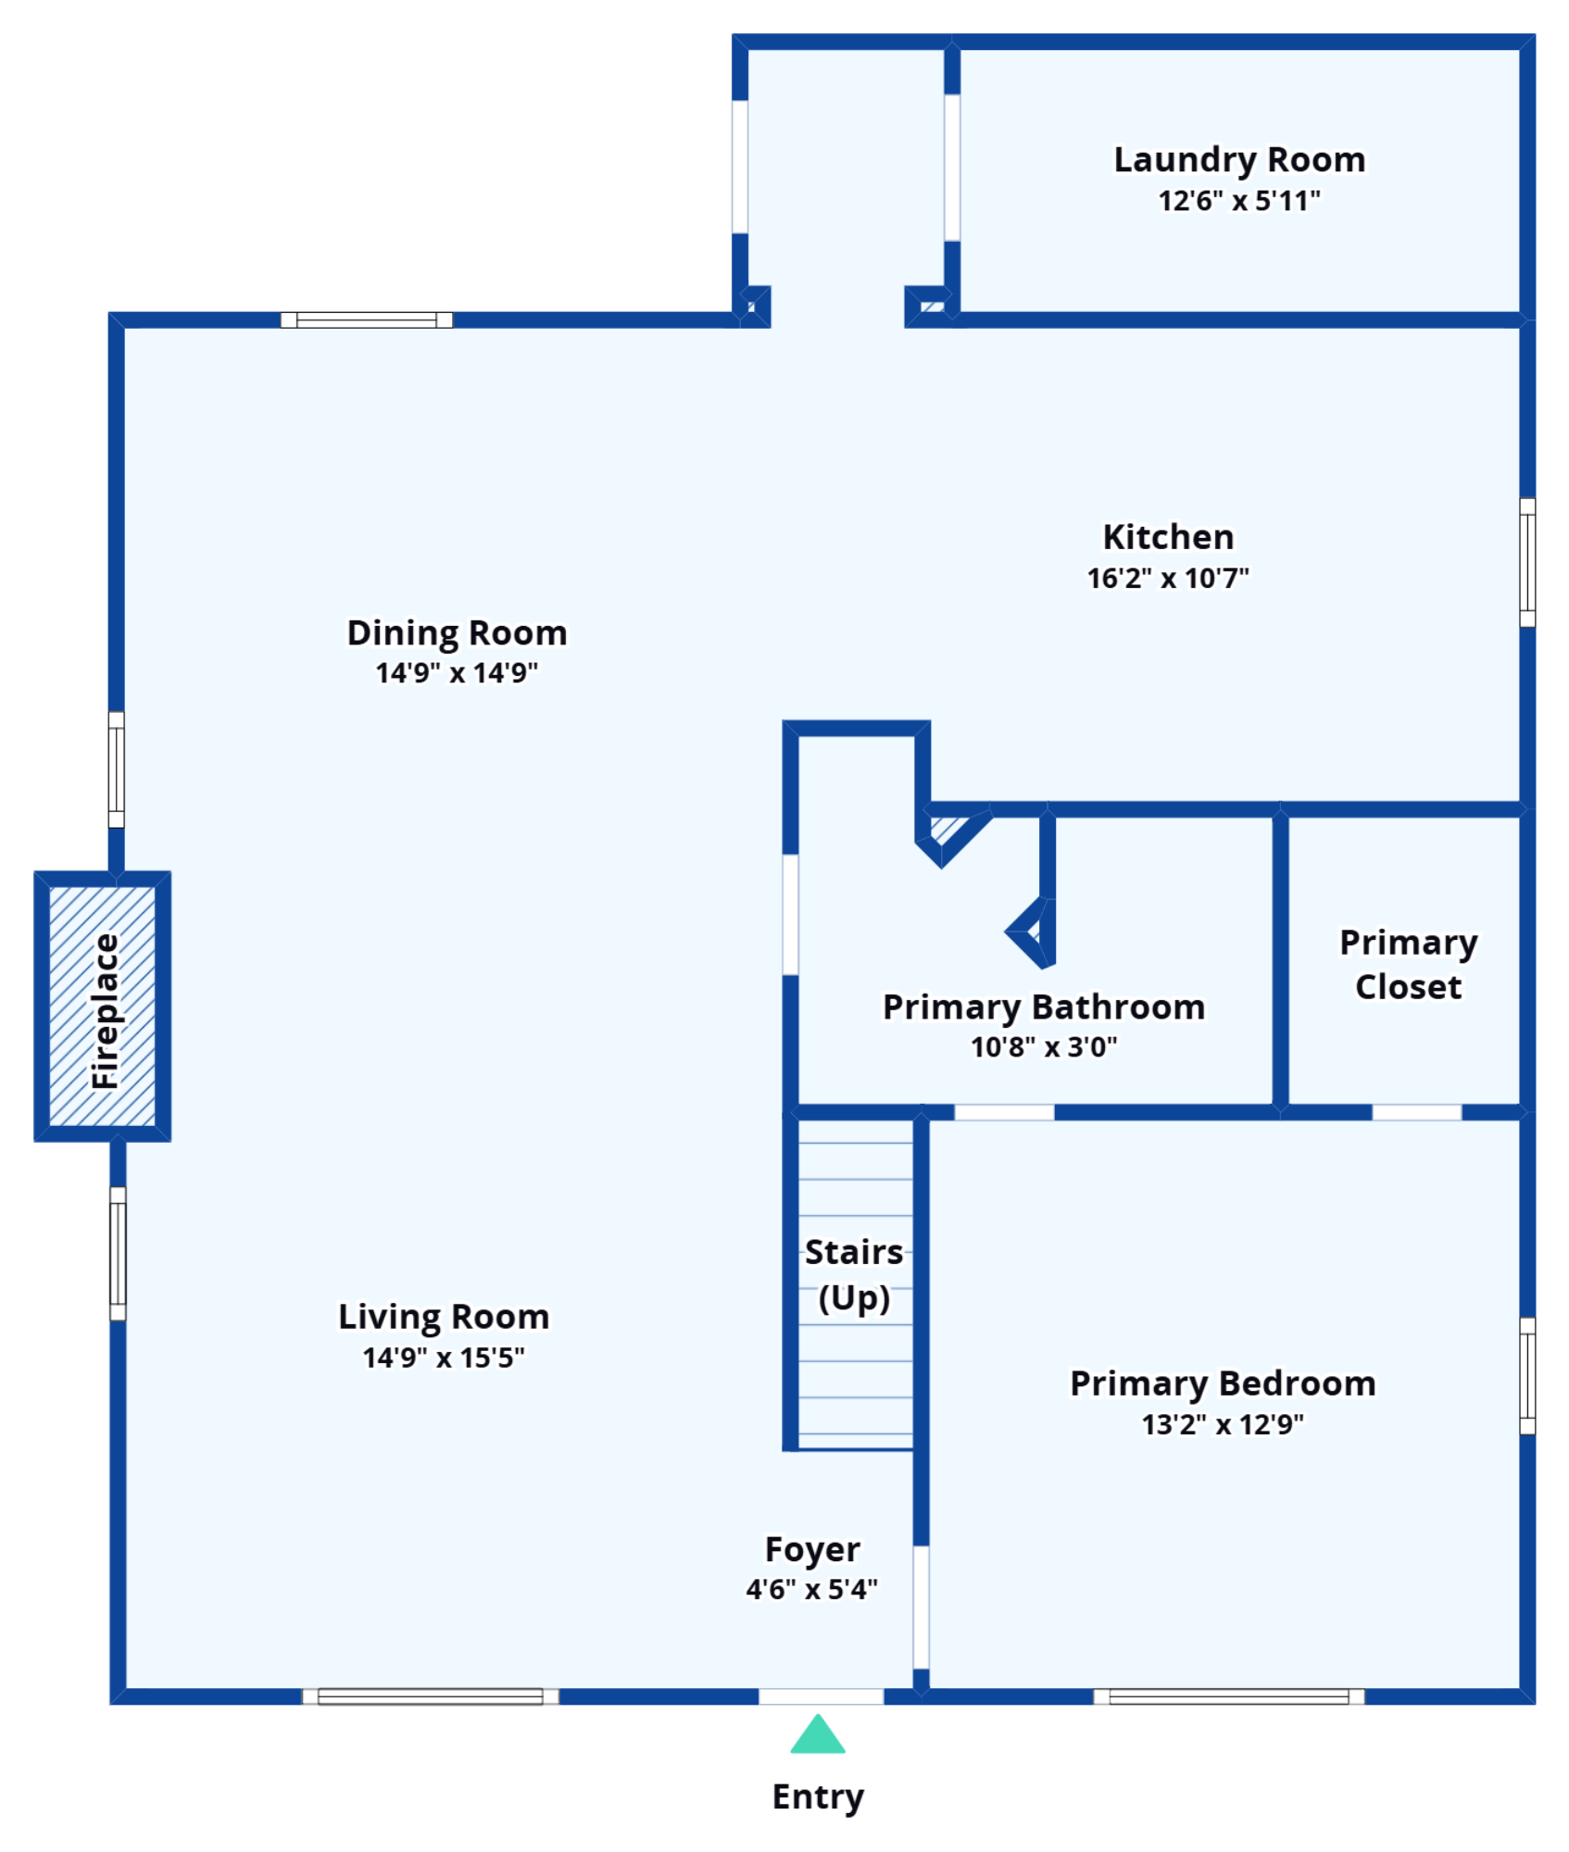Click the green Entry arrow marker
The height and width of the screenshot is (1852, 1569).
[x=817, y=1734]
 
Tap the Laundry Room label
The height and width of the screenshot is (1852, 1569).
[x=1239, y=160]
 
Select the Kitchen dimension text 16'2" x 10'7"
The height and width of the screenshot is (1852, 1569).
[x=1168, y=579]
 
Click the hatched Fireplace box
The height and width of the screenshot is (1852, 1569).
[x=102, y=1007]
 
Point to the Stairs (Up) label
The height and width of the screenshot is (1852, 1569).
[x=854, y=1275]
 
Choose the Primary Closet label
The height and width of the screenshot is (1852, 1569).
[x=1408, y=965]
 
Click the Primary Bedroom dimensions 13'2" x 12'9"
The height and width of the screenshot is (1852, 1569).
[x=1223, y=1425]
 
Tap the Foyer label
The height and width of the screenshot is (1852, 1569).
[x=812, y=1550]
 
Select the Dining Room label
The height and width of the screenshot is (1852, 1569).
[x=457, y=633]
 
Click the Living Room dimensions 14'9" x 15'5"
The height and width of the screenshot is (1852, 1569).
[x=444, y=1358]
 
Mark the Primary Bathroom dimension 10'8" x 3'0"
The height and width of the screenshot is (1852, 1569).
[x=1044, y=1047]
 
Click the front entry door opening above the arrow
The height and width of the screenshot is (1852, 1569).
[x=821, y=1696]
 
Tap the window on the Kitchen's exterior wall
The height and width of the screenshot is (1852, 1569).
[x=1527, y=562]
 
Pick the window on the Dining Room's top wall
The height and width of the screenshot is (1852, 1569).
[x=367, y=320]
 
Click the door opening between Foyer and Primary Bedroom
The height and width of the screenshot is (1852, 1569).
[x=921, y=1608]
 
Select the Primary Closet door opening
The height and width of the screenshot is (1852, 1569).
[x=1416, y=1112]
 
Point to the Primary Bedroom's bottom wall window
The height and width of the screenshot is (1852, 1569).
[x=1228, y=1696]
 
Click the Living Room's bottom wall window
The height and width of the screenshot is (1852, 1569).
[x=431, y=1696]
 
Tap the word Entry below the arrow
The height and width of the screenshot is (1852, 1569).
[x=818, y=1797]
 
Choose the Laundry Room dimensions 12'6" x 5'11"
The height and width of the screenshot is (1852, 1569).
[x=1239, y=201]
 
